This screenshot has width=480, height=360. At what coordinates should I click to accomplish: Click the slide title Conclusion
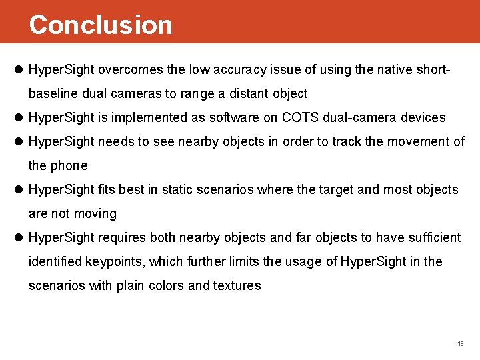101,25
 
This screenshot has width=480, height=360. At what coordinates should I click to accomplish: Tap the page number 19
460,343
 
